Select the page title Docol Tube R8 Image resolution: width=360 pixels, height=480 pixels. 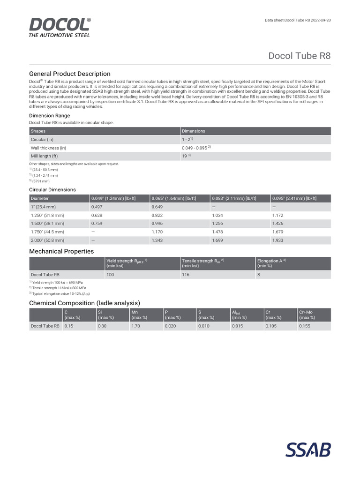click(x=299, y=55)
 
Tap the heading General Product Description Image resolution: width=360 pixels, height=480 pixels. click(x=70, y=74)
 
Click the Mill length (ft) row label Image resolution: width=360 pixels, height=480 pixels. click(x=44, y=156)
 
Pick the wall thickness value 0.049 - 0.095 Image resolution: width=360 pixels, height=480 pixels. click(x=196, y=148)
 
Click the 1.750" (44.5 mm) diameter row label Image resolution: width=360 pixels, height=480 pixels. click(x=48, y=232)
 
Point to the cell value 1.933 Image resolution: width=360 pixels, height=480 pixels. click(x=278, y=240)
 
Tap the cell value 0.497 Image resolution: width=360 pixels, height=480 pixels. click(x=97, y=206)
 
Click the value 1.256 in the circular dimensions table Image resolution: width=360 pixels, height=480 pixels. click(x=218, y=223)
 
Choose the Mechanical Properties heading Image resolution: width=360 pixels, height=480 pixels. click(x=61, y=251)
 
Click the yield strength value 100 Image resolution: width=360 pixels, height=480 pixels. click(x=110, y=275)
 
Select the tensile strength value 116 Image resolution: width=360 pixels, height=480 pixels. click(x=186, y=275)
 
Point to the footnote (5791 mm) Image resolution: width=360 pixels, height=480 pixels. click(x=39, y=181)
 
